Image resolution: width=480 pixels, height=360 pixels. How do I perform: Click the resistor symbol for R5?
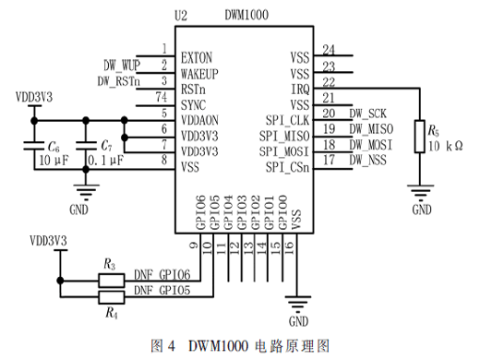419,137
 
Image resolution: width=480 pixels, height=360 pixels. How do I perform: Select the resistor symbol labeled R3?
112,281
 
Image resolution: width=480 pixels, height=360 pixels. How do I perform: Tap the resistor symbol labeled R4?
112,297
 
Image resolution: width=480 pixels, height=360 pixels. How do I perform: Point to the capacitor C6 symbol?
34,145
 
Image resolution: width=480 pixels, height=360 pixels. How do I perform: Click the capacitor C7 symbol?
86,145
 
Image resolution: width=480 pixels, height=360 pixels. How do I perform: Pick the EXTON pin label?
197,58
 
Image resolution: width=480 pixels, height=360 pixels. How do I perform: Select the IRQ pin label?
300,89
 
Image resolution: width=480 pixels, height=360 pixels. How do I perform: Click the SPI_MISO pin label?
284,136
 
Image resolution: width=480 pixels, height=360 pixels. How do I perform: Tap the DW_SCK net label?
367,114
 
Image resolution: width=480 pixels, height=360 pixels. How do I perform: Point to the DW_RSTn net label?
119,81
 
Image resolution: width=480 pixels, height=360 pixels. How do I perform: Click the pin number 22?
329,82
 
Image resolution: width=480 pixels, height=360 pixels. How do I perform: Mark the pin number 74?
162,97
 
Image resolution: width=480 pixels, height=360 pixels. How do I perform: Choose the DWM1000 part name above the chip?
246,15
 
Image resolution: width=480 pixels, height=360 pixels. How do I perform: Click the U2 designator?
181,16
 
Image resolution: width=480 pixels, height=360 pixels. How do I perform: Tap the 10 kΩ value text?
446,146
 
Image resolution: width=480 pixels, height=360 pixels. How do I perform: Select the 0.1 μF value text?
106,161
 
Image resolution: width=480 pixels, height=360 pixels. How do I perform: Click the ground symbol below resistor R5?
420,191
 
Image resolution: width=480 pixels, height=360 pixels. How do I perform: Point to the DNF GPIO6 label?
162,274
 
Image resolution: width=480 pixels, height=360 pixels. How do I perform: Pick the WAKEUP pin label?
199,74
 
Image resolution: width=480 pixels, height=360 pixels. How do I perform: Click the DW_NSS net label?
367,160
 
